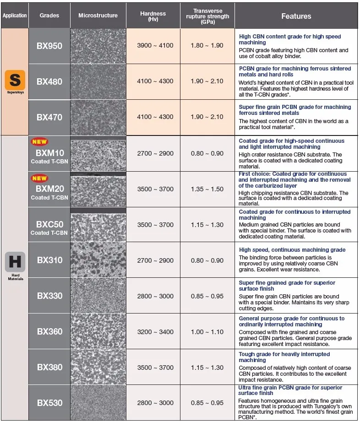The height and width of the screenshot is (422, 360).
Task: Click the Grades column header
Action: [x=49, y=16]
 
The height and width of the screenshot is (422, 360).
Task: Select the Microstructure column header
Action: [x=98, y=16]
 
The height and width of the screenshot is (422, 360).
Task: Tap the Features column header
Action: [x=296, y=16]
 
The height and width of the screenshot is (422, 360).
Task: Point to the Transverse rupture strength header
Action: [x=207, y=16]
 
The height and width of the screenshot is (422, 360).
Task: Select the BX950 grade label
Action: [x=49, y=46]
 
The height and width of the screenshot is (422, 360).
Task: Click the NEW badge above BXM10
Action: [x=39, y=142]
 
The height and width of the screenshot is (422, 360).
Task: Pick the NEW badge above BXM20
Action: [x=39, y=178]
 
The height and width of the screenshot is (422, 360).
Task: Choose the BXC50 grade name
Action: [x=49, y=225]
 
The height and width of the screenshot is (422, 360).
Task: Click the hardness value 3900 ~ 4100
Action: [x=155, y=46]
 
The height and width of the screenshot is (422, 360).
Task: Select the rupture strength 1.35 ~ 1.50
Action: [x=207, y=189]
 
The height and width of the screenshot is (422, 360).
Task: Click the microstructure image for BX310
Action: [x=98, y=260]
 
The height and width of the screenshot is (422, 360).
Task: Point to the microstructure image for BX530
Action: [x=98, y=403]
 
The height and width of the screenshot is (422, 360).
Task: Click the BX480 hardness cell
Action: [x=155, y=81]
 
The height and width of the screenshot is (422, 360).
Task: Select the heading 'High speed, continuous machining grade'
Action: [x=292, y=250]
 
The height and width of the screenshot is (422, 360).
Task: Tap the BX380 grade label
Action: [x=49, y=367]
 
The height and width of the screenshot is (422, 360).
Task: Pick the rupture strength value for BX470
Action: [x=207, y=117]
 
